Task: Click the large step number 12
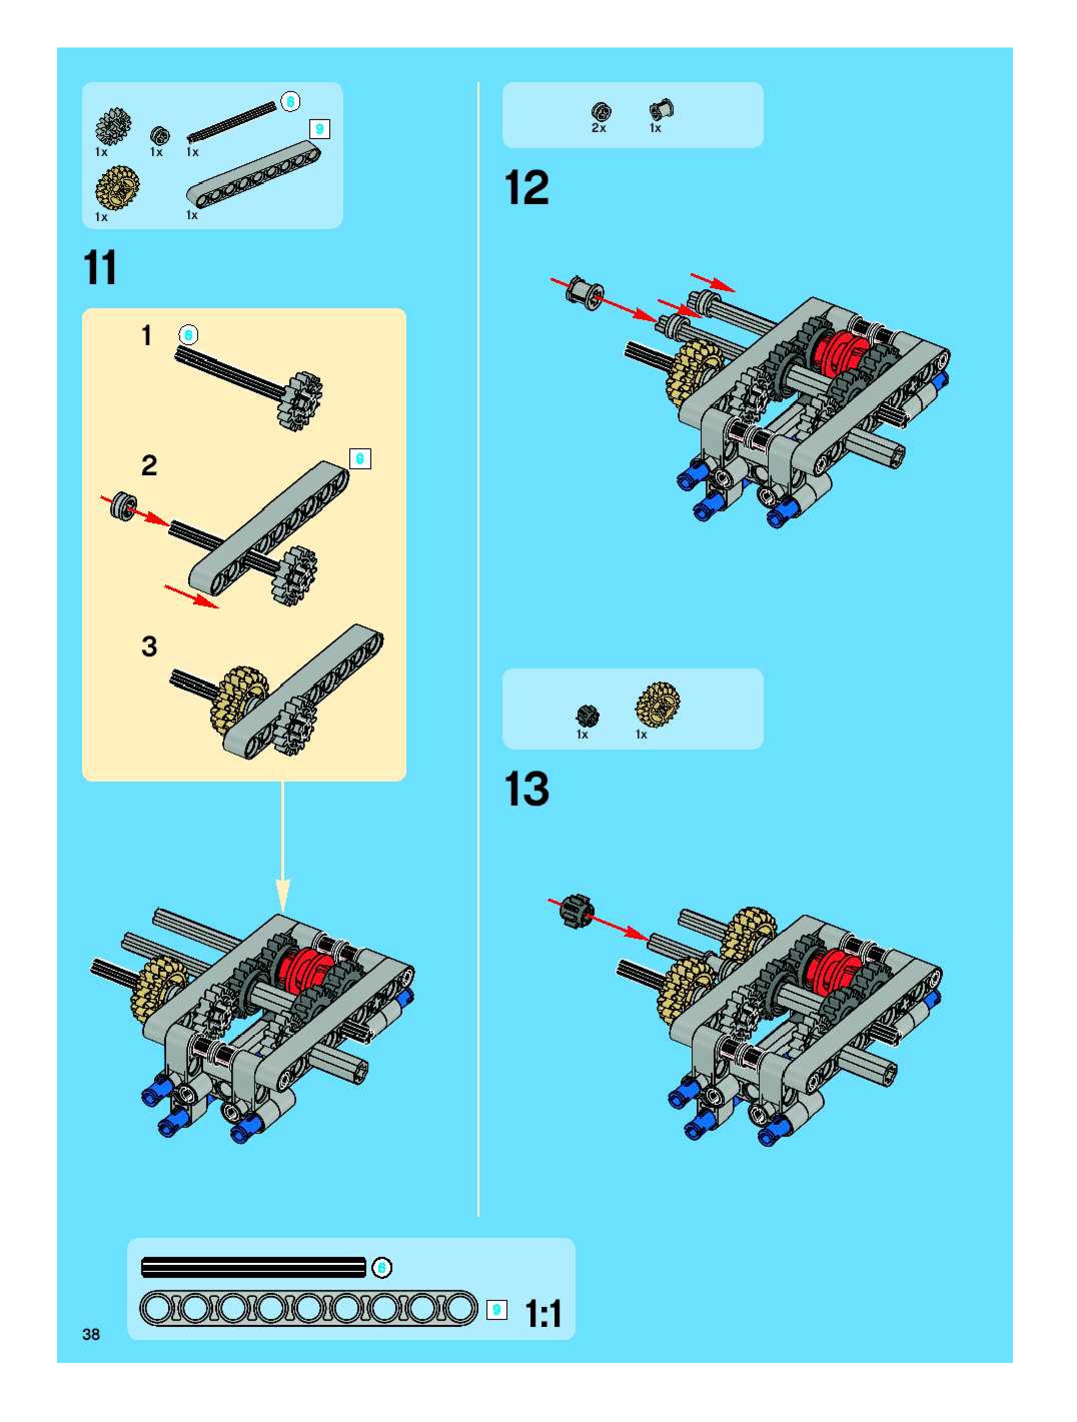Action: (x=526, y=187)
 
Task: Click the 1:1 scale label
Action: (x=544, y=1313)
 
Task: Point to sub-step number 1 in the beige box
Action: (x=147, y=335)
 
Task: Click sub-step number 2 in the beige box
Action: (x=149, y=465)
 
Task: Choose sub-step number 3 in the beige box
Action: (x=149, y=646)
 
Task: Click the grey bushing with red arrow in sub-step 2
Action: (x=122, y=505)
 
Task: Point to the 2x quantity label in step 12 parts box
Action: (x=599, y=128)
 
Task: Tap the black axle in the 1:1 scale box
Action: (x=253, y=1267)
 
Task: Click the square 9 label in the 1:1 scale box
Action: (x=496, y=1309)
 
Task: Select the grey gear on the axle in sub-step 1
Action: (x=300, y=400)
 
